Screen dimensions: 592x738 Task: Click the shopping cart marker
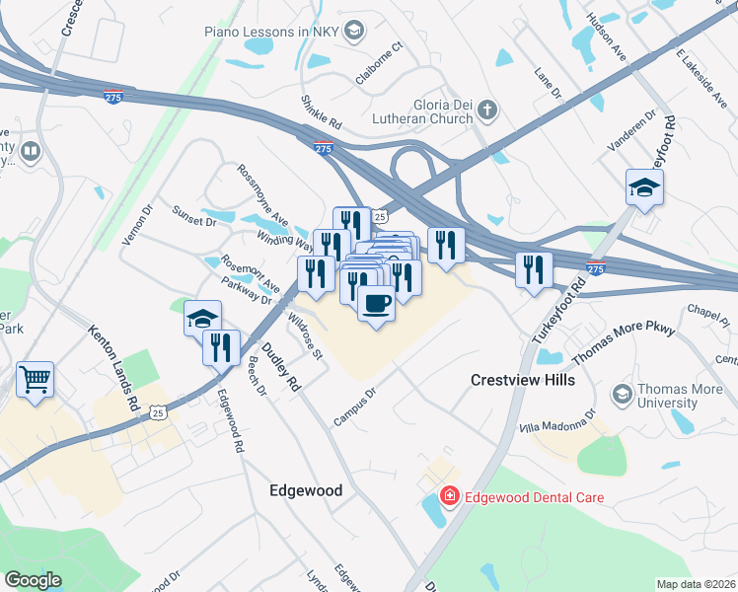(x=36, y=379)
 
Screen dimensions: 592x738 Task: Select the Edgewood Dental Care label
(x=534, y=497)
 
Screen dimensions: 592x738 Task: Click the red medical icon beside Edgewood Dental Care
(x=449, y=496)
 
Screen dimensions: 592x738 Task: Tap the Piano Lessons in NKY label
(x=270, y=32)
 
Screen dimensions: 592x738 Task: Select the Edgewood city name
(x=306, y=490)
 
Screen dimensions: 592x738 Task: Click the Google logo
(x=33, y=579)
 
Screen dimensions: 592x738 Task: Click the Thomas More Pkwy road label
(x=624, y=346)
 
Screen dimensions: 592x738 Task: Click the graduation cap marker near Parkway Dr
(x=202, y=318)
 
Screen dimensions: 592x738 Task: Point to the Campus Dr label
(x=355, y=407)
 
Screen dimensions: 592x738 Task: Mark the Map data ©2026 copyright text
(x=696, y=584)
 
